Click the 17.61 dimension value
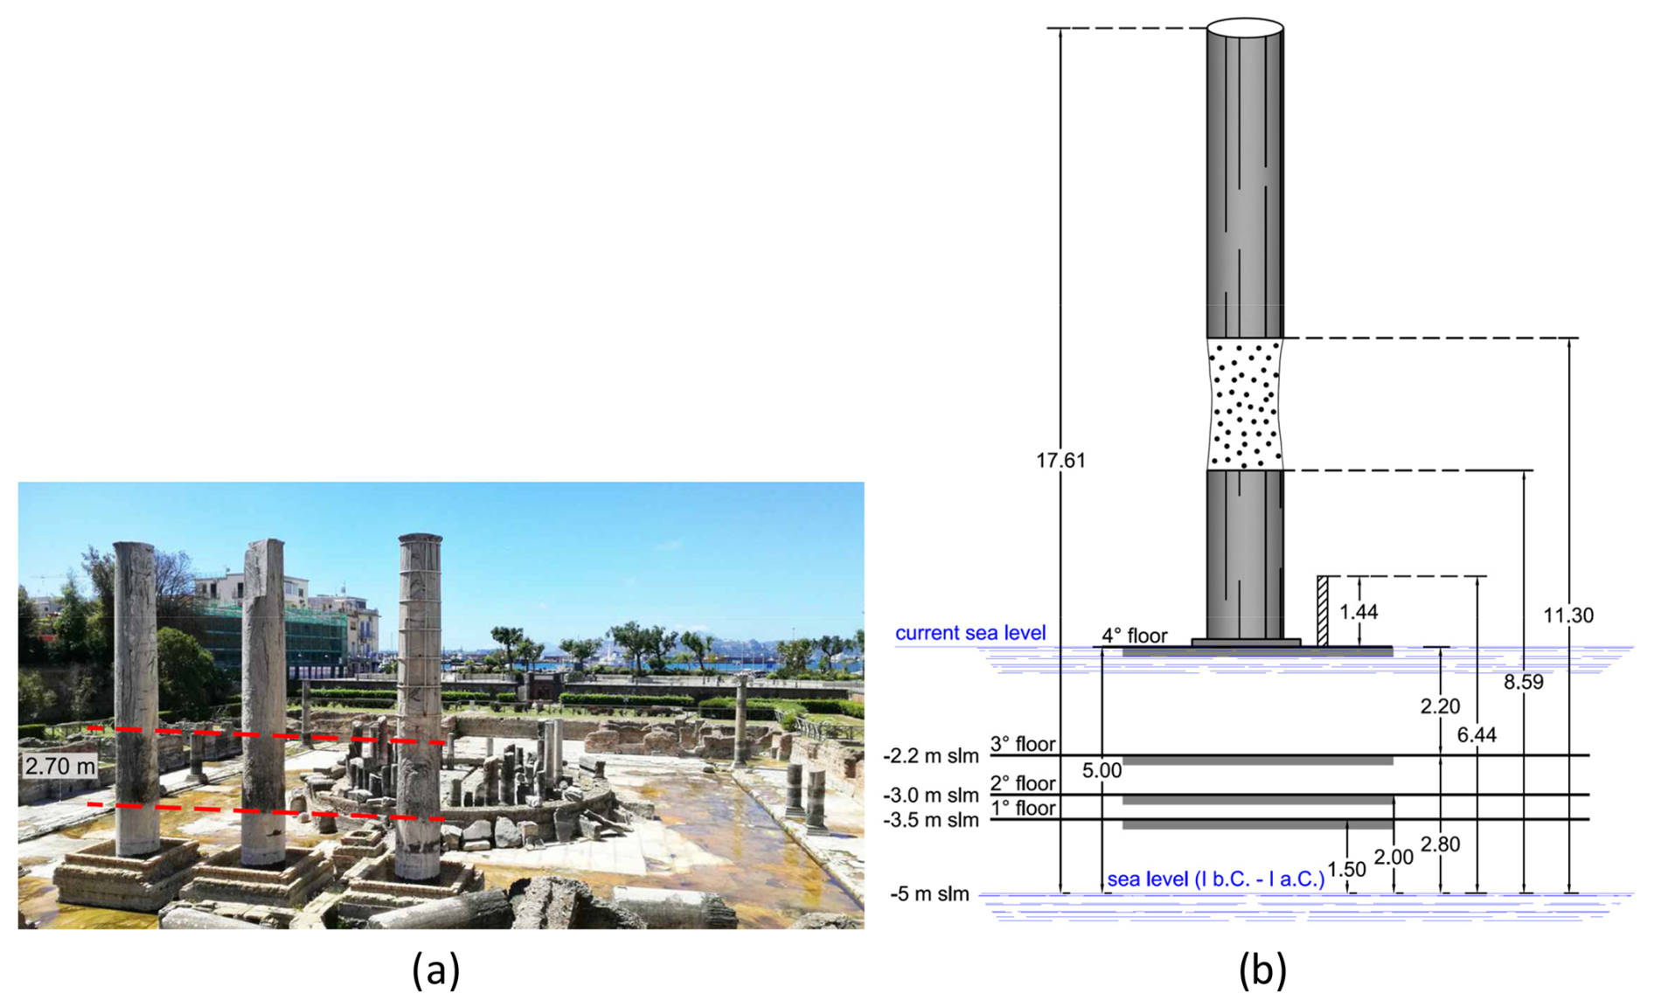[1060, 460]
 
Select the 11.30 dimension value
[1567, 615]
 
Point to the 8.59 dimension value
[1523, 682]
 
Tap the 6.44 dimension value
[1477, 735]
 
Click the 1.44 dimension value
[1359, 612]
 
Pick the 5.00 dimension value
[1101, 771]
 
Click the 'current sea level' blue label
[969, 633]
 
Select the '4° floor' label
[1133, 636]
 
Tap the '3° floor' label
[1022, 744]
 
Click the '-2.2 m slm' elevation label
[930, 756]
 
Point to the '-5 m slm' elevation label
[929, 894]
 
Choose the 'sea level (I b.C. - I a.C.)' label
[1215, 879]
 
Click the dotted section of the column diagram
[1244, 405]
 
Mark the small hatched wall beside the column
[1322, 611]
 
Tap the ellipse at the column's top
[1244, 27]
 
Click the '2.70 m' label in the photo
[59, 767]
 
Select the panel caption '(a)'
[435, 970]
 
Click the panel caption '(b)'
[1261, 970]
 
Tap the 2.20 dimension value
[1439, 706]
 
